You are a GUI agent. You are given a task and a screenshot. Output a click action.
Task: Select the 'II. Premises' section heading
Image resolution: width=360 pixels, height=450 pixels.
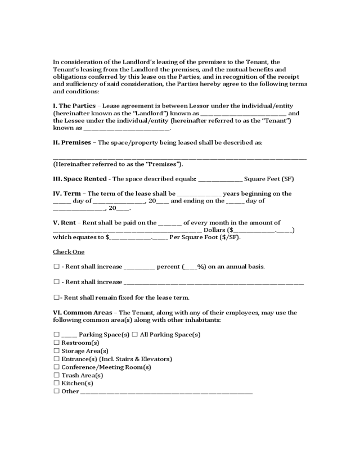point(71,142)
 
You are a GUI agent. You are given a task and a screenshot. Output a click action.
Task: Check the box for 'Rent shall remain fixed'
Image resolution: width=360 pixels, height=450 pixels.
point(56,298)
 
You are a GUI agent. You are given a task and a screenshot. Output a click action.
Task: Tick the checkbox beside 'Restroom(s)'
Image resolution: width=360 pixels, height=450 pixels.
point(56,343)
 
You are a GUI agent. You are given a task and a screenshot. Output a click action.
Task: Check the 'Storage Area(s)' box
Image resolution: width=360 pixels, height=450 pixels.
point(56,350)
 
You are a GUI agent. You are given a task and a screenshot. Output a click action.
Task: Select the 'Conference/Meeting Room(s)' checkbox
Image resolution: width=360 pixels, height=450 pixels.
point(56,367)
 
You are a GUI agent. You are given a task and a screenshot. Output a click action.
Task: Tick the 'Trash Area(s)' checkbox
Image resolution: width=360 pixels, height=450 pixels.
point(56,375)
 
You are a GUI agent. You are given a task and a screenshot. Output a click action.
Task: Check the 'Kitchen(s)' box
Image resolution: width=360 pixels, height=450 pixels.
point(56,382)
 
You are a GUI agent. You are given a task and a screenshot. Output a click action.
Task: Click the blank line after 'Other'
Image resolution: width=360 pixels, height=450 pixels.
point(166,392)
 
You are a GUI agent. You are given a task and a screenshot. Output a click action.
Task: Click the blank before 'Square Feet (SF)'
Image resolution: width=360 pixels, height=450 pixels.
point(220,180)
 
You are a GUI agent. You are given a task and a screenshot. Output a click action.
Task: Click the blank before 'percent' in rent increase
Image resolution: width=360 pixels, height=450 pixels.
point(139,267)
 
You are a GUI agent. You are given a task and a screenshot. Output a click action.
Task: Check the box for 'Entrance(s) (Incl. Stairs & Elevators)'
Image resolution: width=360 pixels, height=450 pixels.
point(56,359)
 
